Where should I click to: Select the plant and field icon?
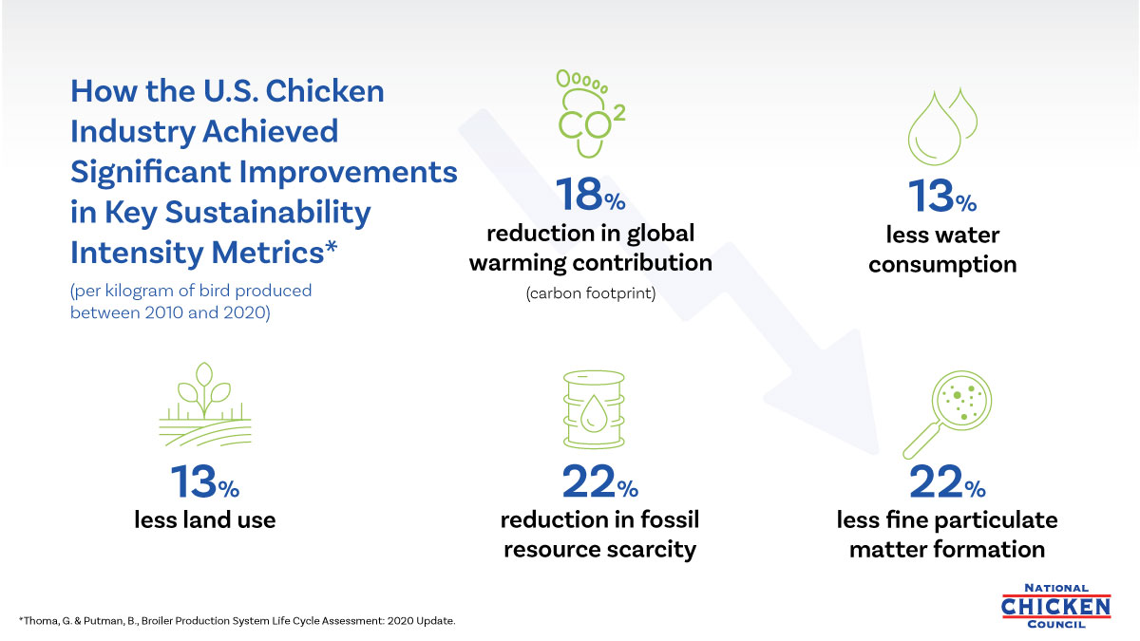coord(204,405)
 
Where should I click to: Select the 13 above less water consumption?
coord(930,198)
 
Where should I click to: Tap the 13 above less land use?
coord(194,483)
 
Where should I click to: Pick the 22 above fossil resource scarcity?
coord(589,483)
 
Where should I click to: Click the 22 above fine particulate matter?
coord(936,483)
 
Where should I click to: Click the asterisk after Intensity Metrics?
coord(332,249)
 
